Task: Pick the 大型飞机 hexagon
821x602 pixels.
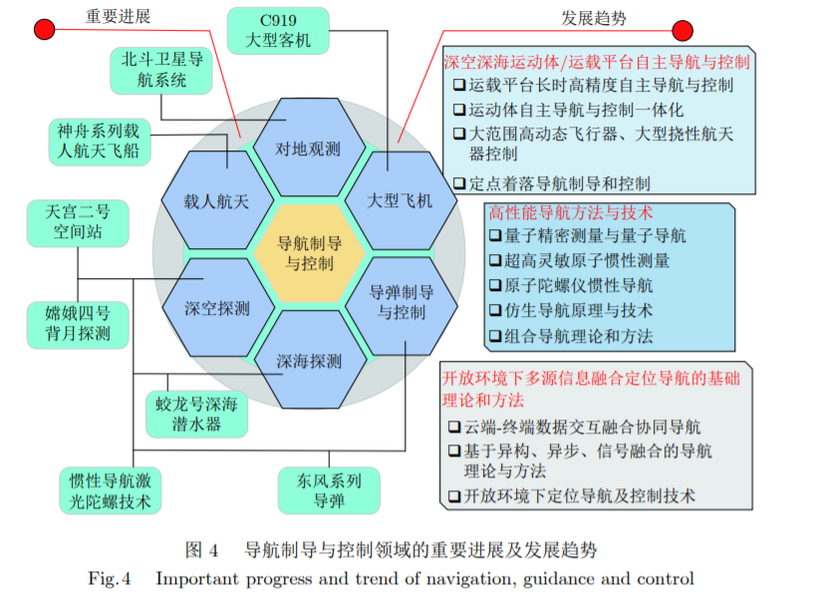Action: tap(400, 201)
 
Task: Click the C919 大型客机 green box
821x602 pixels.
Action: tap(278, 31)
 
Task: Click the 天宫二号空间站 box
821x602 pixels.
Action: tap(77, 222)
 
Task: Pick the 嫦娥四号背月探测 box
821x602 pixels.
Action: tap(78, 323)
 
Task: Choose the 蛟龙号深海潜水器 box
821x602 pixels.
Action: tap(194, 414)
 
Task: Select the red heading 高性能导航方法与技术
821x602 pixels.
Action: tap(569, 212)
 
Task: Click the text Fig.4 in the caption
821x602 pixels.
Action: tap(110, 579)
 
